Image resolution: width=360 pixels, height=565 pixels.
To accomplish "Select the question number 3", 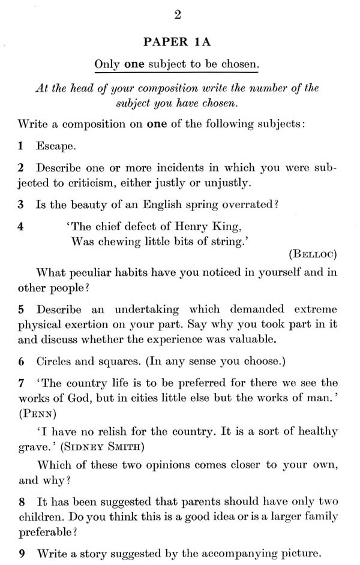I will click(x=20, y=204).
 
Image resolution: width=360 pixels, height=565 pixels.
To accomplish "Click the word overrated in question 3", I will click(x=247, y=204).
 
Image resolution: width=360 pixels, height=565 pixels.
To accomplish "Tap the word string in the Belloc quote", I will click(x=223, y=241).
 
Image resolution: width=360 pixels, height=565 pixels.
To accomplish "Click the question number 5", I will click(x=20, y=309).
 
